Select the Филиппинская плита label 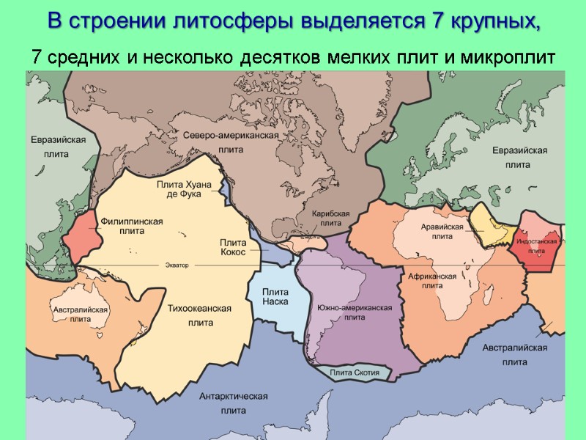click(131, 226)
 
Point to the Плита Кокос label click(233, 247)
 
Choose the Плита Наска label click(275, 296)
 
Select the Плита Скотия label click(355, 373)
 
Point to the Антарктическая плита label click(233, 403)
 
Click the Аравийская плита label click(442, 232)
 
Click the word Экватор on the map click(176, 264)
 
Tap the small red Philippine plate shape click(79, 233)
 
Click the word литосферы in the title click(232, 21)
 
